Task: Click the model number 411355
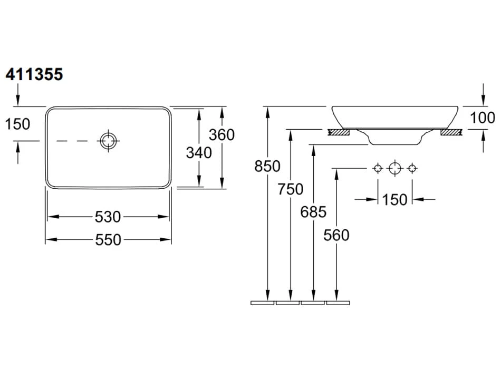[34, 75]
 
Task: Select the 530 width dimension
[108, 217]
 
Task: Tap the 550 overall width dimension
[108, 240]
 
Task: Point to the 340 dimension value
[199, 152]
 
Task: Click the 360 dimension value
[221, 135]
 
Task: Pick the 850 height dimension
[267, 166]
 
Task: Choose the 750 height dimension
[291, 188]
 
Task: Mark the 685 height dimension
[313, 212]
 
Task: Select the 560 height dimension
[336, 235]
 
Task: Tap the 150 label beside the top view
[17, 124]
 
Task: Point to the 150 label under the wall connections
[395, 199]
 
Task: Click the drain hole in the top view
[108, 140]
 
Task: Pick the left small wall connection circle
[377, 168]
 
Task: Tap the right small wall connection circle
[412, 168]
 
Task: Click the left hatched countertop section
[339, 132]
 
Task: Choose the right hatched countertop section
[451, 132]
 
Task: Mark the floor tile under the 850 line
[263, 303]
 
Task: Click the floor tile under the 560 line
[338, 303]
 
